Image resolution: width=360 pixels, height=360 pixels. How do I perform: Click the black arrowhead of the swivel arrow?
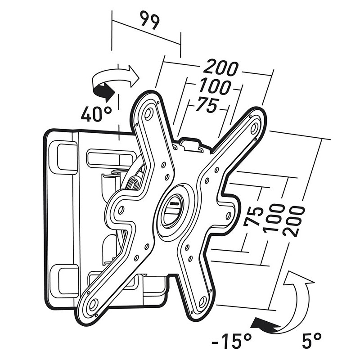(104, 92)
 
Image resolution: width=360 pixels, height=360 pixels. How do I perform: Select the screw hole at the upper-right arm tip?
(255, 127)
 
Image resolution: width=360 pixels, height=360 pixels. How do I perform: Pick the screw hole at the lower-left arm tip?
(93, 304)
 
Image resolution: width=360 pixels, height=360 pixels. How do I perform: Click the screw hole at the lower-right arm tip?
(202, 301)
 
